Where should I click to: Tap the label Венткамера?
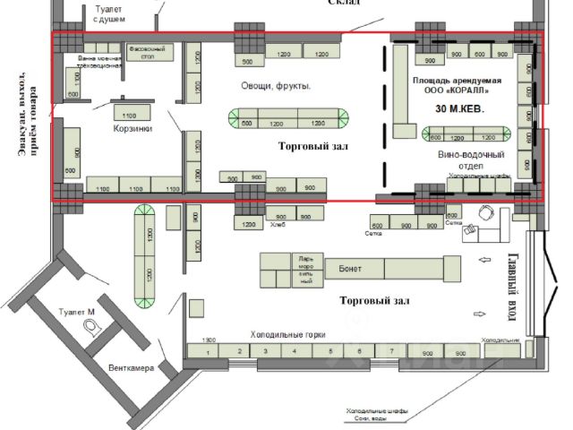131,368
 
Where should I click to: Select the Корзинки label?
133,128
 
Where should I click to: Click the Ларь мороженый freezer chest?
306,270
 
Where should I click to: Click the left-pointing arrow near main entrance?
484,260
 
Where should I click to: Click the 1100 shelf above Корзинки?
128,116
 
